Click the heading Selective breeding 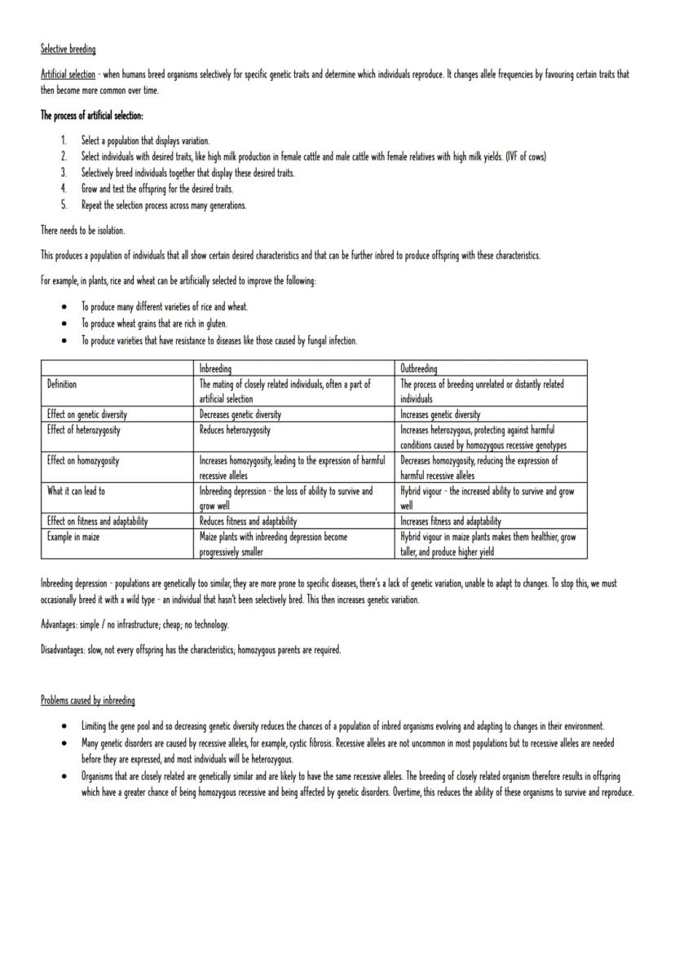pyautogui.click(x=68, y=51)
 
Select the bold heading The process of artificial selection pyautogui.click(x=92, y=115)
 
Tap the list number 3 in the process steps pyautogui.click(x=64, y=173)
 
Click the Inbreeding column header pyautogui.click(x=215, y=369)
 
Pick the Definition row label pyautogui.click(x=63, y=383)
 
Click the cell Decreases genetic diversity pyautogui.click(x=240, y=414)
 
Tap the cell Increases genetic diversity pyautogui.click(x=440, y=414)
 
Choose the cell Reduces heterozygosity pyautogui.click(x=235, y=429)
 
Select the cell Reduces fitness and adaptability pyautogui.click(x=248, y=521)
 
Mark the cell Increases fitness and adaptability pyautogui.click(x=451, y=521)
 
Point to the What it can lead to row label pyautogui.click(x=76, y=491)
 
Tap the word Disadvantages pyautogui.click(x=64, y=649)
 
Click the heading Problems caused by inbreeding pyautogui.click(x=88, y=700)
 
